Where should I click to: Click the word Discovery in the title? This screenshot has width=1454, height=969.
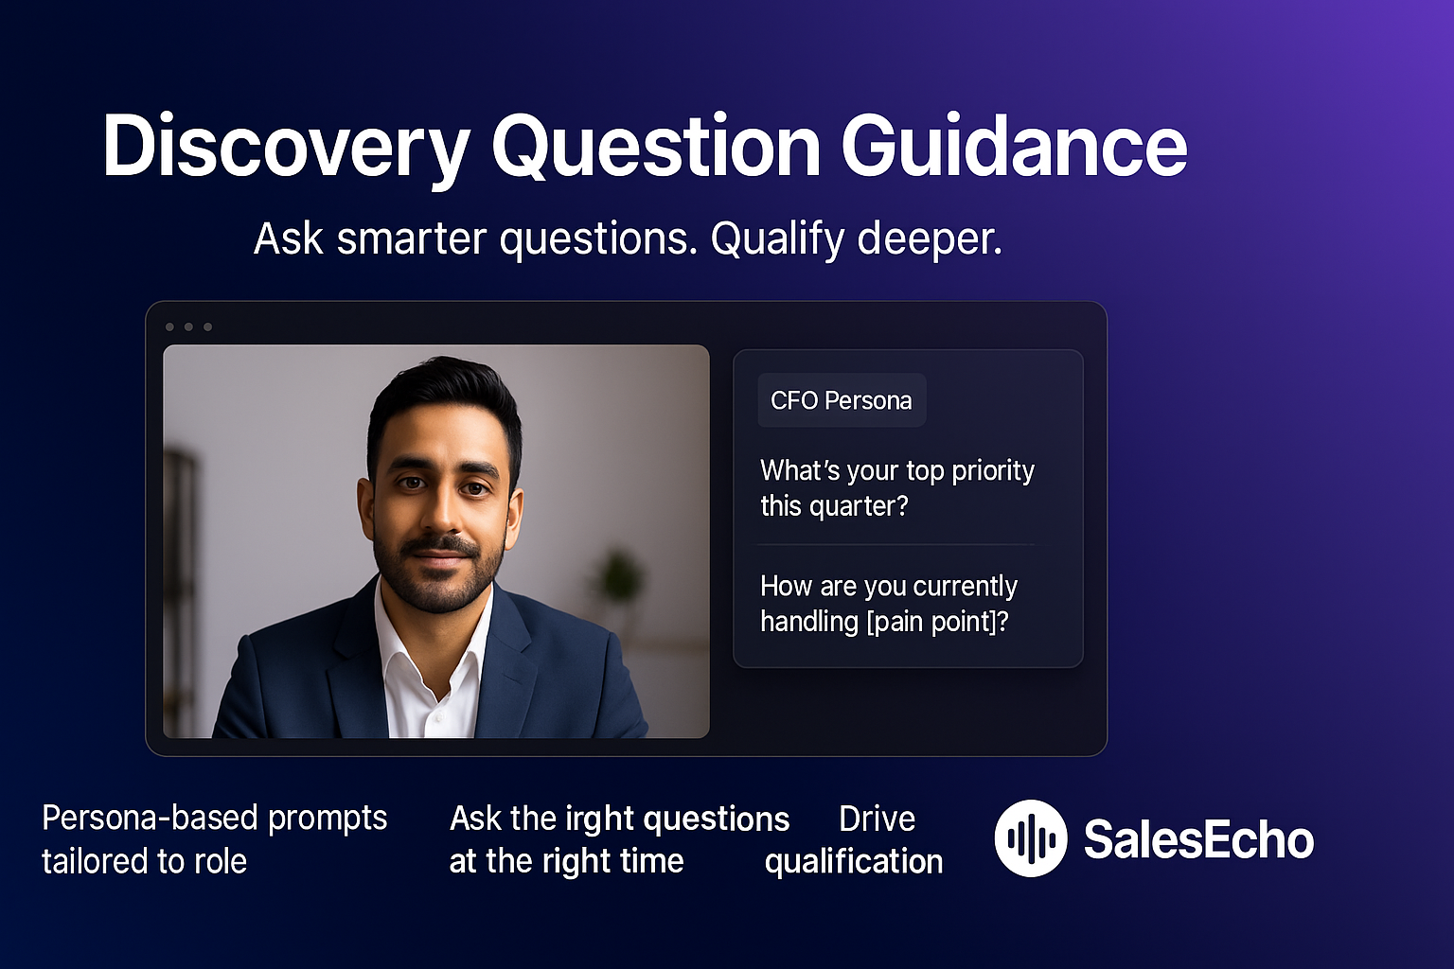286,148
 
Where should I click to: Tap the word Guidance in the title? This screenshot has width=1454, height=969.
1014,148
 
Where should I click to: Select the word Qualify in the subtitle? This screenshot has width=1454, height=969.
776,238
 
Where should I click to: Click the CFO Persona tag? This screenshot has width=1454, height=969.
841,400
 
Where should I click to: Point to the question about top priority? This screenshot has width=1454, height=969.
896,488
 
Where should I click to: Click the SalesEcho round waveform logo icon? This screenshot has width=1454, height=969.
1031,838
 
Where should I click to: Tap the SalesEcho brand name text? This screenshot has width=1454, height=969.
1198,839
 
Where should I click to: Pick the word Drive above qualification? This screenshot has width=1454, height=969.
877,819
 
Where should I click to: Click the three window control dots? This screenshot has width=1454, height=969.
188,327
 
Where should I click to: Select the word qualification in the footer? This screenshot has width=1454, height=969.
854,861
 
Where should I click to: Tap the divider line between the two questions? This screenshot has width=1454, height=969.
895,545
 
